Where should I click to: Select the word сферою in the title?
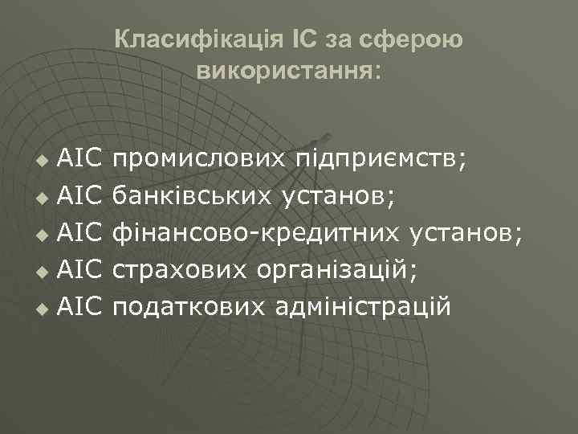pyautogui.click(x=424, y=39)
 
